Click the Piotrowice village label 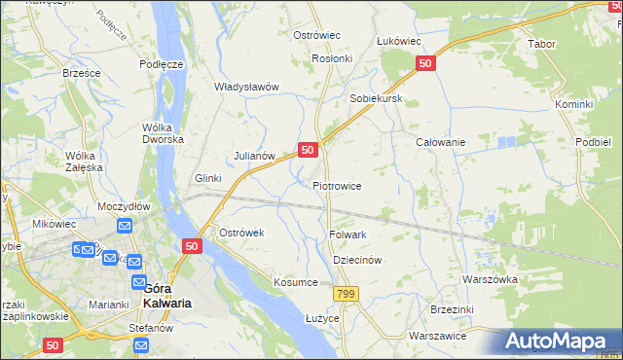pos(337,186)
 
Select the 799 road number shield pos(345,293)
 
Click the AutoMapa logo pos(558,342)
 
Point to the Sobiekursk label pos(376,100)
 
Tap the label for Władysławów pos(246,87)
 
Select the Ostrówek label pos(241,234)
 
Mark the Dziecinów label pos(356,261)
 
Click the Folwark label pos(348,234)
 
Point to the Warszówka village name pos(489,279)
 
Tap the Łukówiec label pos(398,41)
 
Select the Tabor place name pos(540,45)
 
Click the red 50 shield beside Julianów pos(308,150)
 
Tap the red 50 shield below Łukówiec pos(425,63)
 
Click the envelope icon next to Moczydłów pos(125,226)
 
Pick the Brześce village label pos(82,73)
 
